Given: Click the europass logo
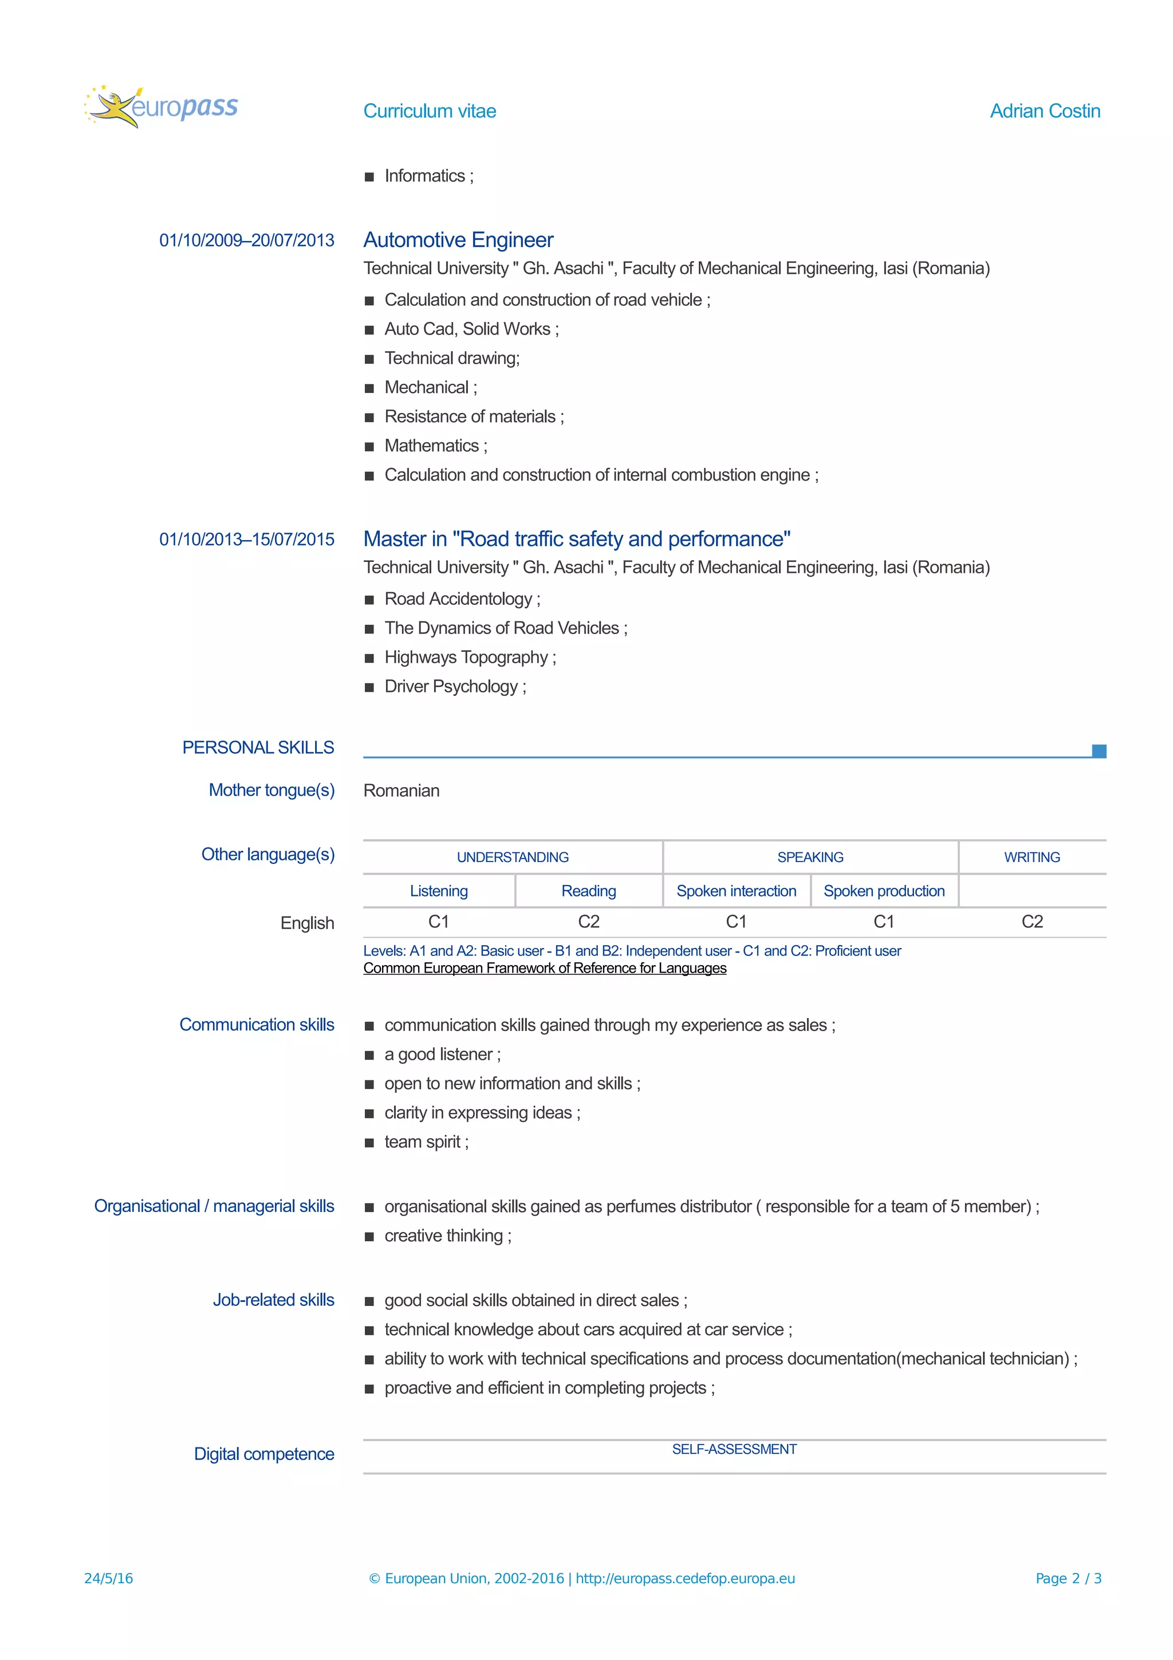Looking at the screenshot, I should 161,107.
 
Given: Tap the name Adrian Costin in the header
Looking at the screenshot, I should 1044,111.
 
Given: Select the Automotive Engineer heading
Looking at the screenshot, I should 458,239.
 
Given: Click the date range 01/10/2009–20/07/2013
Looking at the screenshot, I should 246,240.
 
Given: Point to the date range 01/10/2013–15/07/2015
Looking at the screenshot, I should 246,540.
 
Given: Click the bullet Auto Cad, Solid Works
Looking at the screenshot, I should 471,329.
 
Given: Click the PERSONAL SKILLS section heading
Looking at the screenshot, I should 258,748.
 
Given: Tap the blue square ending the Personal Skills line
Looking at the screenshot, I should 1099,750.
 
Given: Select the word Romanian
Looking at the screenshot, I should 401,790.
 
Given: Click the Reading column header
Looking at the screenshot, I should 588,891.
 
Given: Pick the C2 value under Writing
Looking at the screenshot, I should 1032,922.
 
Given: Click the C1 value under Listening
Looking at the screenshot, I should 438,922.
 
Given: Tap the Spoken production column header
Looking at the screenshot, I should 883,891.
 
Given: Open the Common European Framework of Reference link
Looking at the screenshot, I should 544,968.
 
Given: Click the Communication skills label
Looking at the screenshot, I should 257,1025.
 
